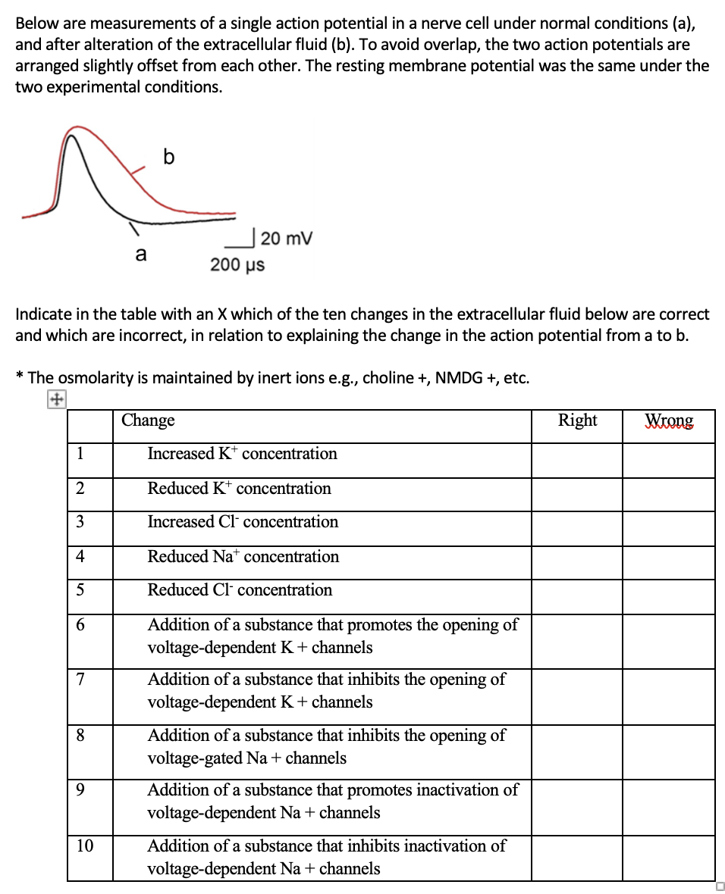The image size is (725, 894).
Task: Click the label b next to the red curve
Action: tap(168, 157)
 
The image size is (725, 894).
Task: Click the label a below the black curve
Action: tap(140, 255)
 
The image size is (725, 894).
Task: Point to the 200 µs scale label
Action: tap(237, 264)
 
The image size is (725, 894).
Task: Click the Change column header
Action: tap(149, 420)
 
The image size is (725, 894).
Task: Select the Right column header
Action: tap(577, 420)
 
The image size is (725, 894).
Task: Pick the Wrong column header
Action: tap(668, 420)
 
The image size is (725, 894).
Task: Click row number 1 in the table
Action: tap(80, 454)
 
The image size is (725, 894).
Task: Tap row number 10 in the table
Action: tap(85, 846)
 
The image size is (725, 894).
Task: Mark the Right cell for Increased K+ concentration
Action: tap(576, 460)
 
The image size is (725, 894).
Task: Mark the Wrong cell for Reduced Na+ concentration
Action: tap(668, 563)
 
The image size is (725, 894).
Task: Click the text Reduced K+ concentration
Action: tap(239, 489)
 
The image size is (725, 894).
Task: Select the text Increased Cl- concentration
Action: tap(243, 522)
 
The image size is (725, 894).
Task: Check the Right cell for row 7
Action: tap(576, 696)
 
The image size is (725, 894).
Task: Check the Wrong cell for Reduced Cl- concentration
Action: tap(668, 596)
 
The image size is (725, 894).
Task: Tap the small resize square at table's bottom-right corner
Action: tap(719, 886)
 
